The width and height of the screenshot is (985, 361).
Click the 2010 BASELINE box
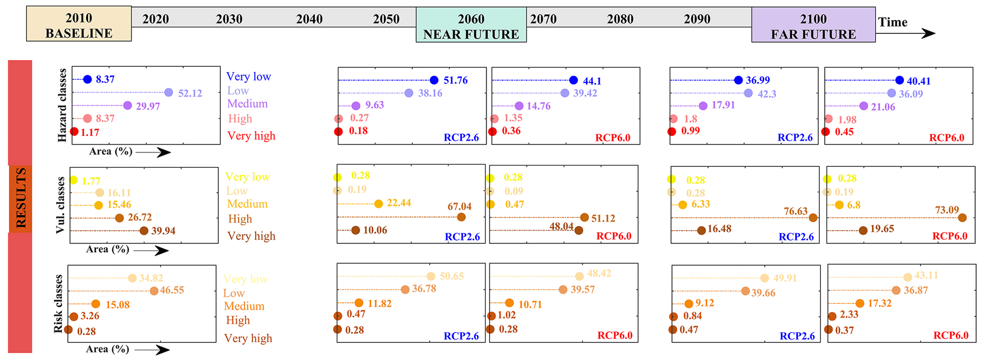pyautogui.click(x=79, y=24)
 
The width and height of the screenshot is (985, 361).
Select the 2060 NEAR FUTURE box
pyautogui.click(x=471, y=25)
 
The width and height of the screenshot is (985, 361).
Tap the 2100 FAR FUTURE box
pyautogui.click(x=813, y=25)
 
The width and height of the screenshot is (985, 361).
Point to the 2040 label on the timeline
pyautogui.click(x=309, y=19)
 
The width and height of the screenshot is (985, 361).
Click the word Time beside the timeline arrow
pyautogui.click(x=893, y=22)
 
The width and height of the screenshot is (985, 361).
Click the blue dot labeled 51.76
pyautogui.click(x=434, y=80)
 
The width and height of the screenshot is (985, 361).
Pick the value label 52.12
pyautogui.click(x=190, y=93)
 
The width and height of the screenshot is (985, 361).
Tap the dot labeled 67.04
pyautogui.click(x=461, y=217)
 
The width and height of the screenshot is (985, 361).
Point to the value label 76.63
pyautogui.click(x=796, y=211)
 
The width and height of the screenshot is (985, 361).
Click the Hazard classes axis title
pyautogui.click(x=62, y=105)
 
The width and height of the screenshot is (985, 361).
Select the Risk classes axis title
pyautogui.click(x=58, y=304)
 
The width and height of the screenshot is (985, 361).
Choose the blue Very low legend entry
pyautogui.click(x=248, y=77)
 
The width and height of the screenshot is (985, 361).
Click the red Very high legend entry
pyautogui.click(x=251, y=136)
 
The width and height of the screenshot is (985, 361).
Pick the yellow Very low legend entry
pyautogui.click(x=247, y=177)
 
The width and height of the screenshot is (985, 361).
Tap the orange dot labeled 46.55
pyautogui.click(x=154, y=291)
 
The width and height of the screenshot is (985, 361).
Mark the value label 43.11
pyautogui.click(x=926, y=275)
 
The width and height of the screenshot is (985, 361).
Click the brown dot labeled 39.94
pyautogui.click(x=144, y=231)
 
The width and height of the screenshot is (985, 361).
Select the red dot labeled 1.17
pyautogui.click(x=74, y=132)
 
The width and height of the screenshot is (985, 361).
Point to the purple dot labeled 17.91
pyautogui.click(x=703, y=105)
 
